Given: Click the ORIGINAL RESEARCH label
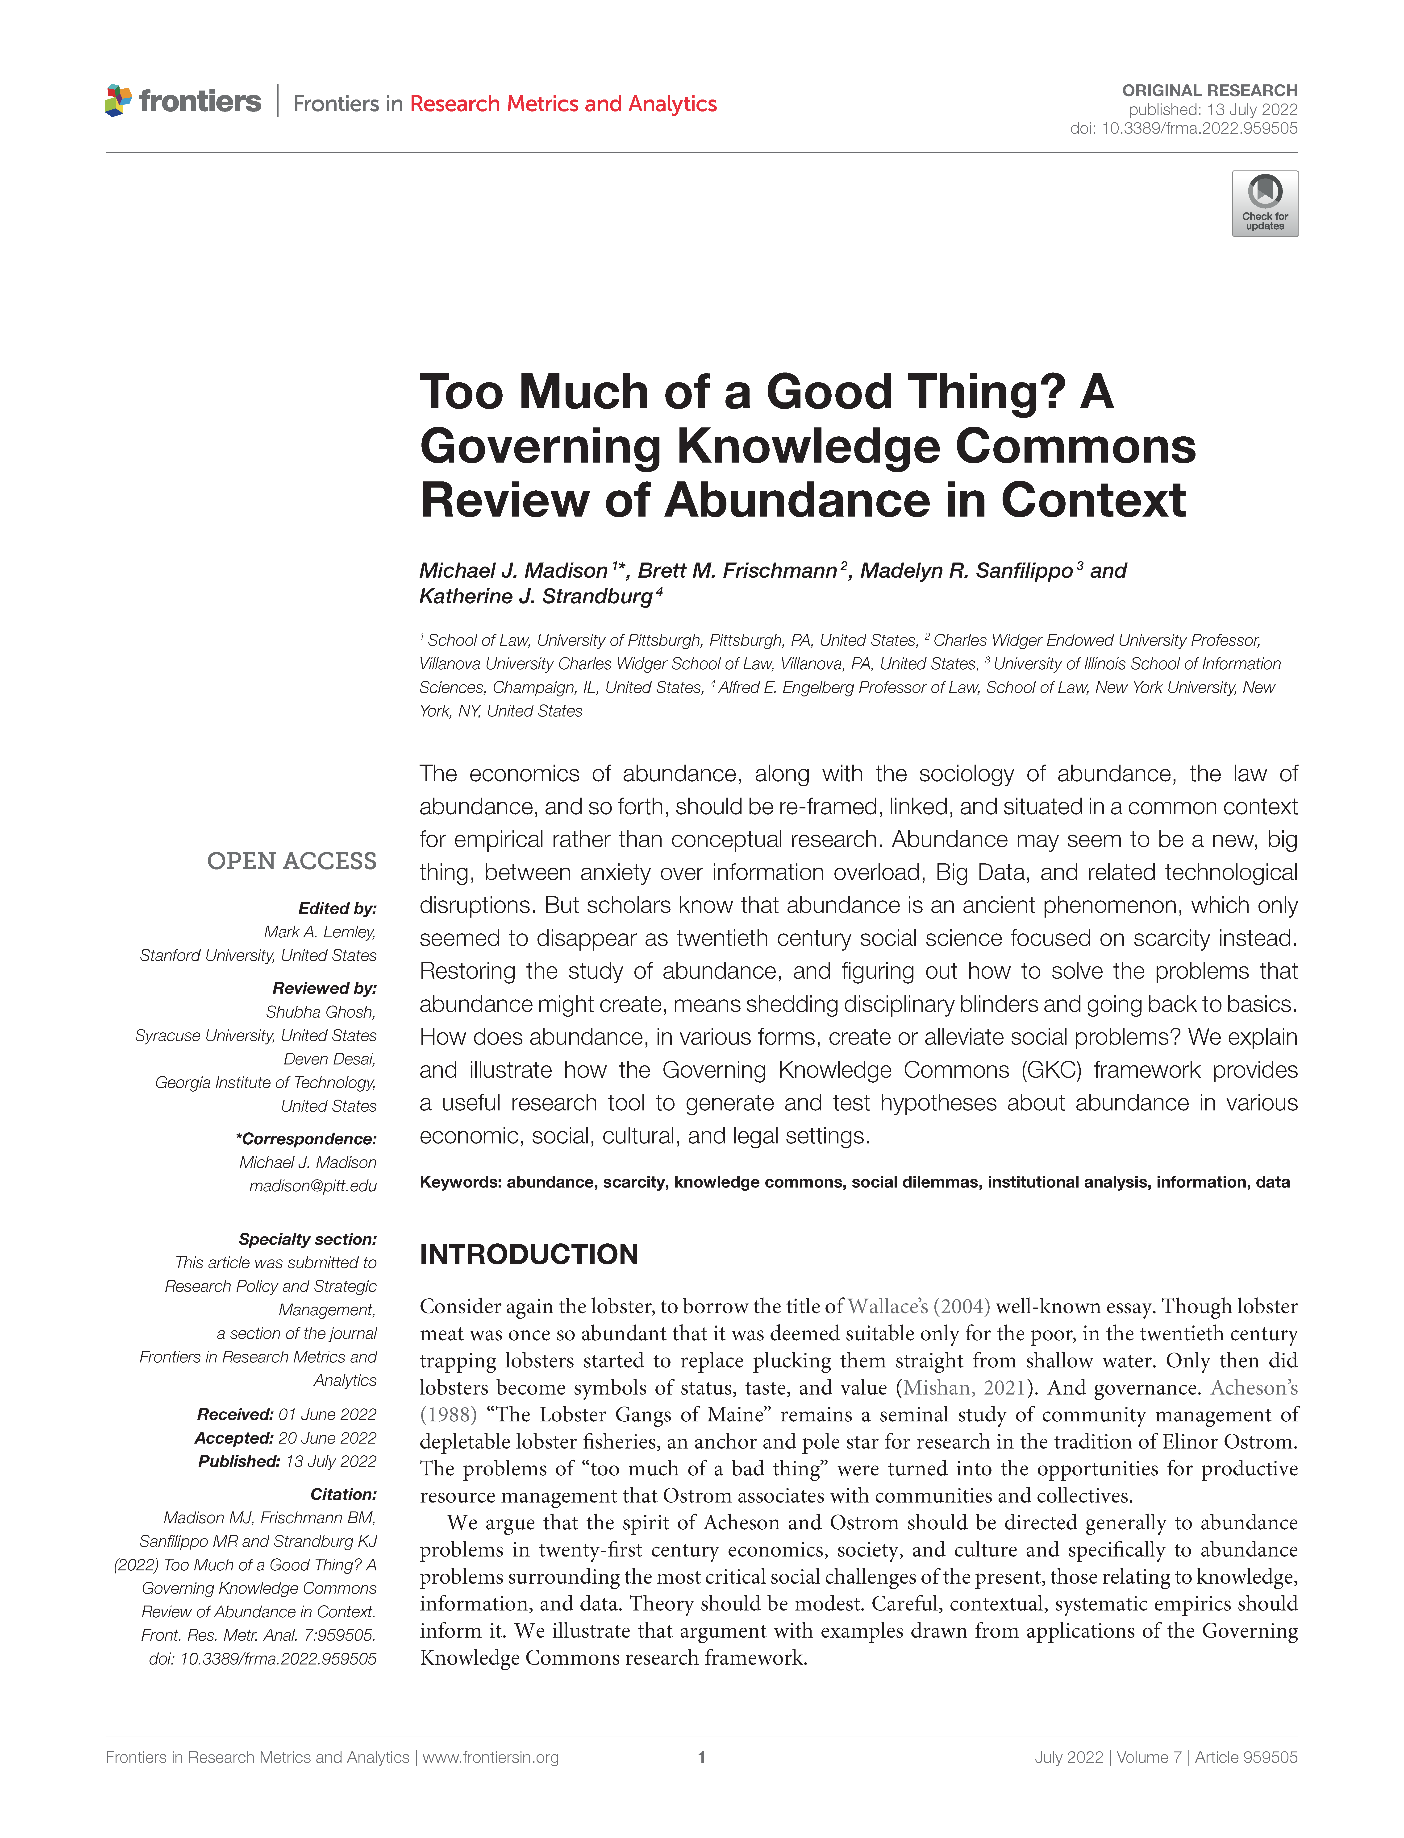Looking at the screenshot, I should tap(1209, 90).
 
